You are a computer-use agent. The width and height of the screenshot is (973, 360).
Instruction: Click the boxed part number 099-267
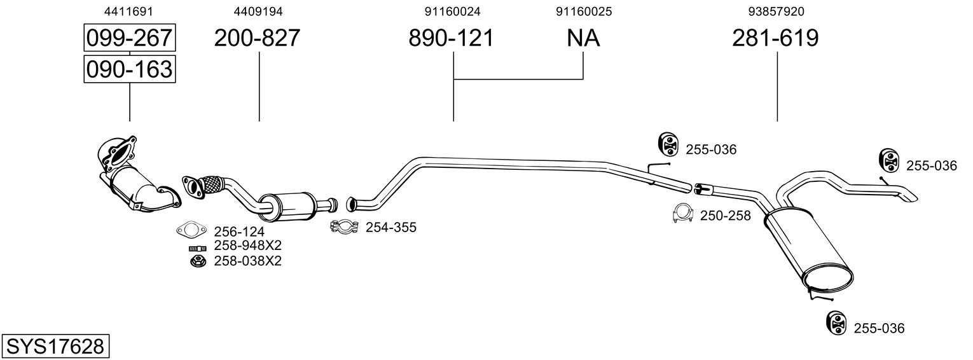[129, 38]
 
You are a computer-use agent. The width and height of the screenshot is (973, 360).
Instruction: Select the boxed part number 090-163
[129, 69]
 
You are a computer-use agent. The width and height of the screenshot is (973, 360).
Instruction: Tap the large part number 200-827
[257, 38]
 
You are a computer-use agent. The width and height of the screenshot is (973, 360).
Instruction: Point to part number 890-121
[451, 38]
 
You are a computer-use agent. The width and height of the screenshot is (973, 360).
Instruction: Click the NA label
[583, 38]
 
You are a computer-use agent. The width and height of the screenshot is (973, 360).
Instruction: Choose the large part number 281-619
[775, 38]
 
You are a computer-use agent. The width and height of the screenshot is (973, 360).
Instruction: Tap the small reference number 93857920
[776, 11]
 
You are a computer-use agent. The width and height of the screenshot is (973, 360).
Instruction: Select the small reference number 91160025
[584, 11]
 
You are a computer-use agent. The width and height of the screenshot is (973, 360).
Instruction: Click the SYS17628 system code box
[55, 347]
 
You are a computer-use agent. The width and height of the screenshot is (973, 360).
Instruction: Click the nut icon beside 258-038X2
[197, 260]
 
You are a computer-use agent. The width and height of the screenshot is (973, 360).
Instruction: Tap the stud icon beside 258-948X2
[197, 247]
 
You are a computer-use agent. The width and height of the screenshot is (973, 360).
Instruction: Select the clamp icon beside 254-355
[344, 226]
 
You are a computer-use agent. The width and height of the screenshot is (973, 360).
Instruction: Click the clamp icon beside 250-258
[683, 214]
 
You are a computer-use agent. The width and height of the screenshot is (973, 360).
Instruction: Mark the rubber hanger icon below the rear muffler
[836, 322]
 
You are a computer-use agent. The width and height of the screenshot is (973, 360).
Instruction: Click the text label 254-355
[390, 227]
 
